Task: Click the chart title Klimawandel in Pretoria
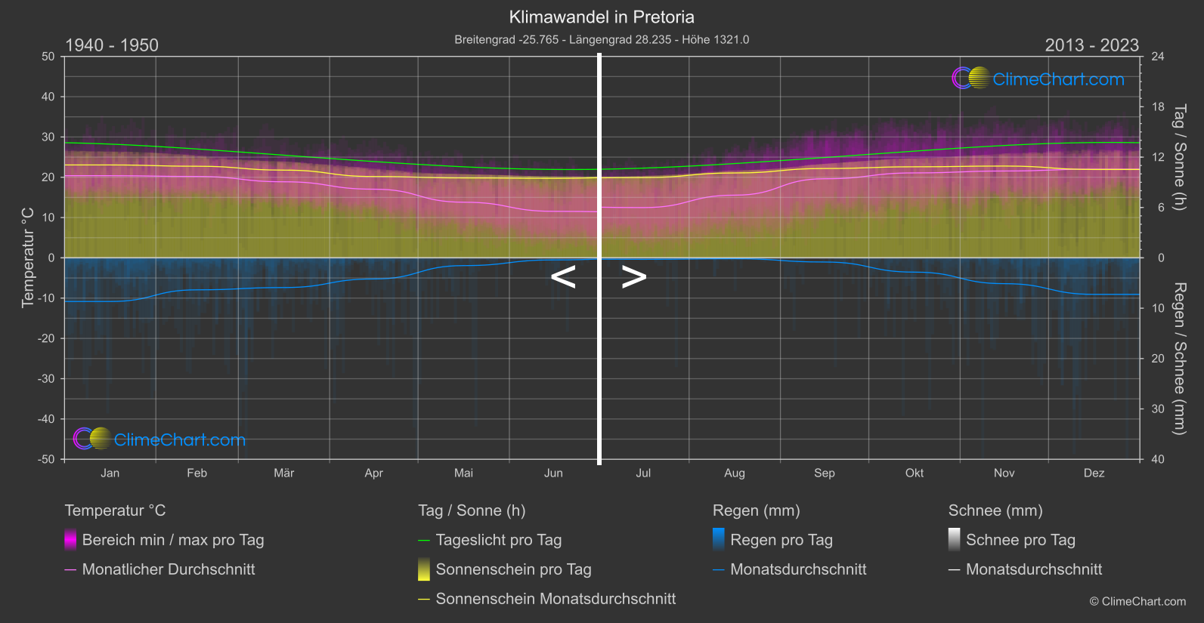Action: [x=601, y=17]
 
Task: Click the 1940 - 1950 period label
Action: [x=112, y=45]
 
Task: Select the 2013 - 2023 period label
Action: [x=1091, y=45]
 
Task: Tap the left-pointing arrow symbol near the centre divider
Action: [x=563, y=277]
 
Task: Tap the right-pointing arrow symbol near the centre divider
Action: [x=633, y=277]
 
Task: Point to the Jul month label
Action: [x=643, y=473]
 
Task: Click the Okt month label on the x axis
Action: [x=915, y=473]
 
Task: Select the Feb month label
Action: [x=197, y=473]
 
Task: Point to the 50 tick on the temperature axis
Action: [x=48, y=57]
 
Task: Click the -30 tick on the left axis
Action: [x=47, y=379]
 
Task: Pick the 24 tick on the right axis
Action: [x=1157, y=57]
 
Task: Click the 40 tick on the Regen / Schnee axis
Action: [x=1157, y=459]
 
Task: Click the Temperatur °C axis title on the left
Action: [x=28, y=258]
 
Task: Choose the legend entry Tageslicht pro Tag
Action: [x=498, y=540]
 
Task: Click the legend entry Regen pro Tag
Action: [x=781, y=540]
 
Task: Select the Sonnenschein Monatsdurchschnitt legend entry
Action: [x=555, y=599]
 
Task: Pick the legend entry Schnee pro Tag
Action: [x=1020, y=540]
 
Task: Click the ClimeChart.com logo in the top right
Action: [x=1038, y=79]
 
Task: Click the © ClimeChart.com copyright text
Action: [x=1137, y=602]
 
